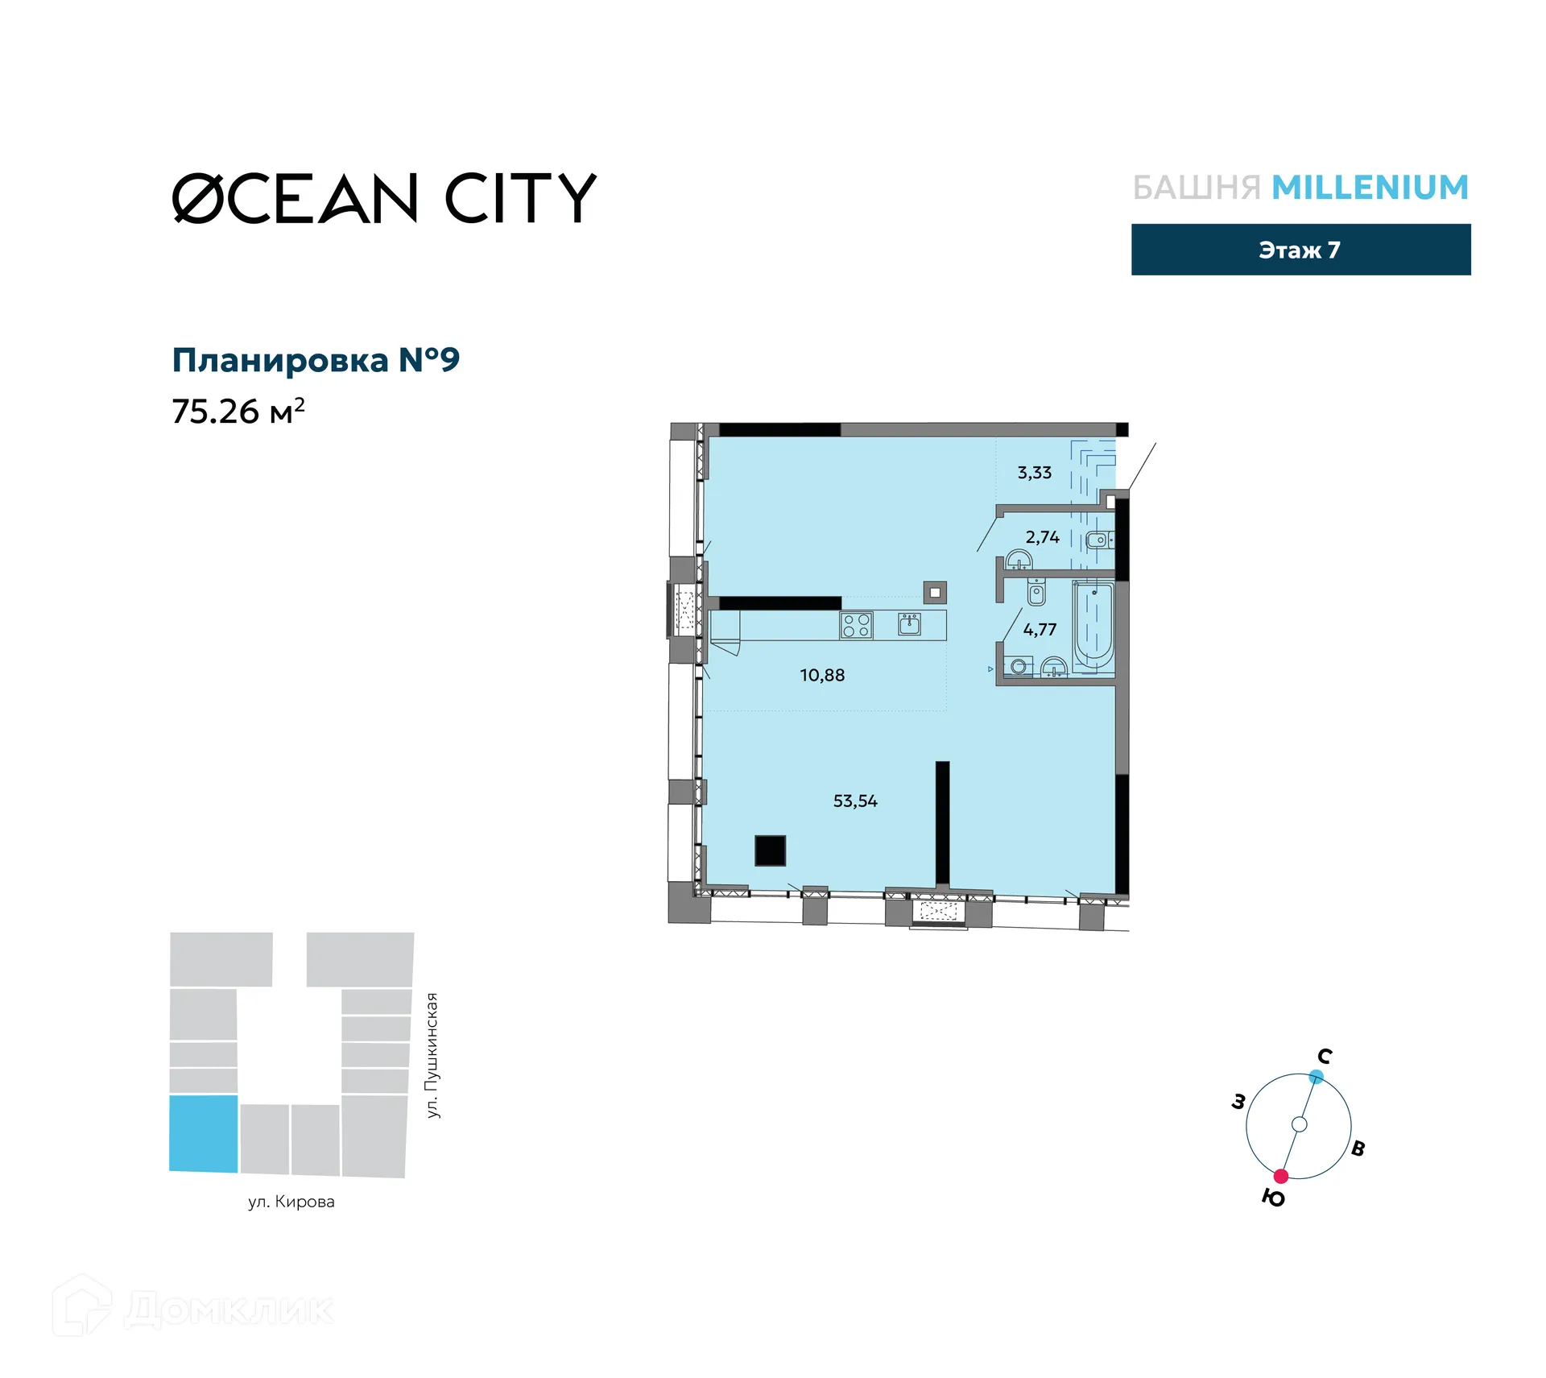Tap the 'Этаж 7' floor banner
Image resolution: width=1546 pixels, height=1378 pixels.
click(x=1300, y=250)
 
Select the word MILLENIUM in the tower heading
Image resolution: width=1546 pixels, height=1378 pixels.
click(x=1370, y=188)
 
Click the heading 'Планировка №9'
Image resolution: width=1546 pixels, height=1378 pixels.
click(x=316, y=360)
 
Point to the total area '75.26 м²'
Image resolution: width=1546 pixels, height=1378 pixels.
click(x=238, y=411)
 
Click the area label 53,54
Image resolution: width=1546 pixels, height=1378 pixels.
click(x=854, y=801)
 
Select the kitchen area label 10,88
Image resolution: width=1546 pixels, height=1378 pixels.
click(x=822, y=675)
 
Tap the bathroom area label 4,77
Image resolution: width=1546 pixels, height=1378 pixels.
click(x=1040, y=629)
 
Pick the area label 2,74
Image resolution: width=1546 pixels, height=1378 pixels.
click(x=1042, y=537)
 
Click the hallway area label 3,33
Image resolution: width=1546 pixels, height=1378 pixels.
click(x=1034, y=473)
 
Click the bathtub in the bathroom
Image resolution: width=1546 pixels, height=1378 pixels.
click(x=1093, y=626)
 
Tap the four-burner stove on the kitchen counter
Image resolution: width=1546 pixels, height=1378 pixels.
click(x=856, y=625)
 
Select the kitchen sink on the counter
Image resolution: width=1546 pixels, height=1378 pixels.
click(x=910, y=624)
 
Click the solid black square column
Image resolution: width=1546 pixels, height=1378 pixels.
click(x=770, y=850)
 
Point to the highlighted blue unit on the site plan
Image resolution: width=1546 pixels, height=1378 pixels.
click(x=204, y=1133)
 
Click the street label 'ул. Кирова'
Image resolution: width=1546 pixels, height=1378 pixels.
click(x=291, y=1202)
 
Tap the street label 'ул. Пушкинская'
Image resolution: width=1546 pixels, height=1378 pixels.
click(x=432, y=1055)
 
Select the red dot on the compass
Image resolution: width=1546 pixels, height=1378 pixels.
click(x=1280, y=1176)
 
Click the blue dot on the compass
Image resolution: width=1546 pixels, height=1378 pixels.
click(x=1316, y=1076)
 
